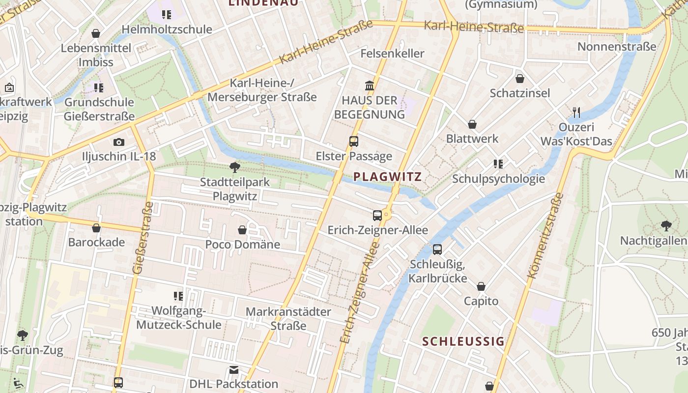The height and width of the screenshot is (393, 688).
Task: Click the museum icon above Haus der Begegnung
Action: click(370, 86)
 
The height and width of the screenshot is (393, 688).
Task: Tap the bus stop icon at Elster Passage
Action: click(353, 141)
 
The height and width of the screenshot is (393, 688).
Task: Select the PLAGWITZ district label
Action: click(388, 177)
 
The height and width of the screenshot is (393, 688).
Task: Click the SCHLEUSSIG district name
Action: click(463, 341)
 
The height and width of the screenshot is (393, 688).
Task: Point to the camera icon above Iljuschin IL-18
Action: click(118, 142)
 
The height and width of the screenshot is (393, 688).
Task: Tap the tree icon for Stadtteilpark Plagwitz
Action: click(235, 168)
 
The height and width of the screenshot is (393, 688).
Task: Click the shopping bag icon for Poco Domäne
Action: click(242, 230)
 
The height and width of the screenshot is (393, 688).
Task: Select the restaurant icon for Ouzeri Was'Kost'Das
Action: click(576, 112)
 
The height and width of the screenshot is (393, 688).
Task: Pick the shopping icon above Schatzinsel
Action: click(520, 79)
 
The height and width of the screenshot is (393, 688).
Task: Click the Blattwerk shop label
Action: click(472, 139)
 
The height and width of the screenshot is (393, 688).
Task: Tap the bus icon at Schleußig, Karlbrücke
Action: click(437, 250)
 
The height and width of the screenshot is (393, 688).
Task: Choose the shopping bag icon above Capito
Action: click(481, 286)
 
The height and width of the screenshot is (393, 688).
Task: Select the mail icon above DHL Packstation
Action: click(234, 369)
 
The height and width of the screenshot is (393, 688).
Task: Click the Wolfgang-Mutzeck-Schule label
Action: click(178, 318)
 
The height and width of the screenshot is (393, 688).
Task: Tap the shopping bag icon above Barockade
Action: click(96, 228)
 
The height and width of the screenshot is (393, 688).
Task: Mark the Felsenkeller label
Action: click(392, 53)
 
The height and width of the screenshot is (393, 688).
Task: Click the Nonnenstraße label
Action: click(617, 47)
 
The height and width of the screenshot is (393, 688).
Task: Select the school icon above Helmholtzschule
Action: click(167, 15)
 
